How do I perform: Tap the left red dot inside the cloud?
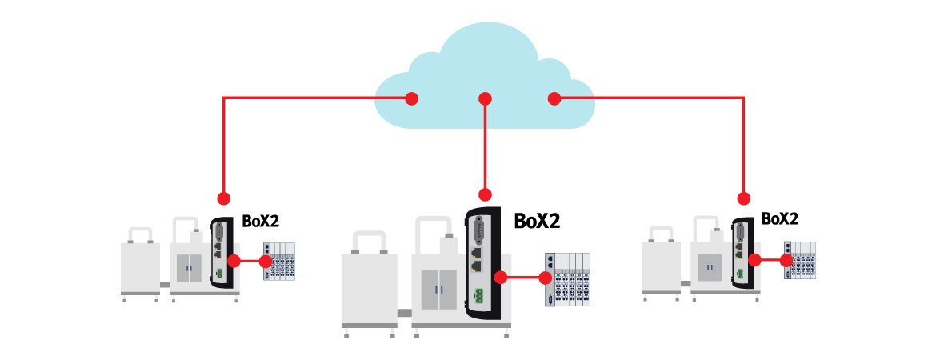(x=411, y=98)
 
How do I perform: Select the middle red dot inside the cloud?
(x=485, y=98)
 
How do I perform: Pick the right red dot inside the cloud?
(x=554, y=98)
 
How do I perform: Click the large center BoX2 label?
(x=537, y=221)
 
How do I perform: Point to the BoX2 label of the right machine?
(x=780, y=218)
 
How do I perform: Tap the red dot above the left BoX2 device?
(x=223, y=197)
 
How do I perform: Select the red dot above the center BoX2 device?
(x=485, y=194)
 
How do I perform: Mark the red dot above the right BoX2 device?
(x=744, y=198)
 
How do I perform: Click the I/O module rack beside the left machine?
(x=280, y=262)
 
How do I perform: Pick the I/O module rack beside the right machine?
(x=801, y=260)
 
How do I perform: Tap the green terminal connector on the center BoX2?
(x=478, y=295)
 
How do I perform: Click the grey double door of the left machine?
(x=189, y=268)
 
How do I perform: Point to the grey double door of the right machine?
(x=709, y=266)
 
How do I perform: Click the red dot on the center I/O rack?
(x=546, y=278)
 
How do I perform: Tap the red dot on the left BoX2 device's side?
(x=234, y=261)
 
